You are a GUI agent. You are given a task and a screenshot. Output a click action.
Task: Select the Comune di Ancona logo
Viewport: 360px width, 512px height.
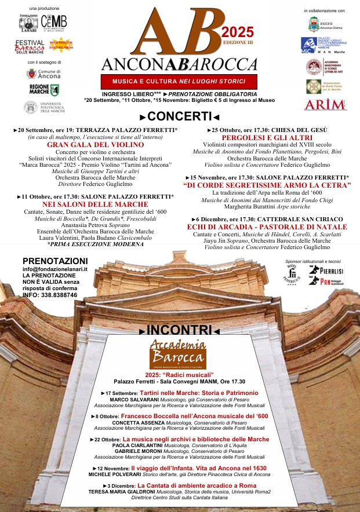point(43,74)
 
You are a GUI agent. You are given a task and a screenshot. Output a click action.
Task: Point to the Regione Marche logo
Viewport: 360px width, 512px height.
point(44,90)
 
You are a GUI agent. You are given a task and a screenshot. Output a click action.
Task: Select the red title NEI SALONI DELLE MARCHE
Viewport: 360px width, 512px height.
point(95,204)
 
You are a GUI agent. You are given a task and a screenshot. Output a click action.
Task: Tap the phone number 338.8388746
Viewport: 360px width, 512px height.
point(57,295)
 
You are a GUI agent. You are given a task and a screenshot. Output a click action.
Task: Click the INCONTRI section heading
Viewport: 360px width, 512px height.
point(180,331)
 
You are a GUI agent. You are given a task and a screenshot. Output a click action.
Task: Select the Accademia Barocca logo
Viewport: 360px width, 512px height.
point(177,353)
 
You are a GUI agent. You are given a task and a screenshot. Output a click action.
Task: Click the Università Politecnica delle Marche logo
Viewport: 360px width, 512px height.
point(43,107)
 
